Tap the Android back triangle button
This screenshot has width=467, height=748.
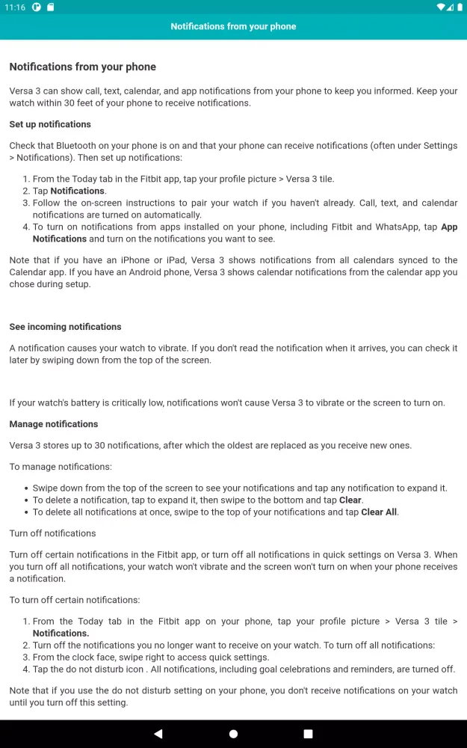tap(158, 734)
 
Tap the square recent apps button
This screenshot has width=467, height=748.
tap(308, 734)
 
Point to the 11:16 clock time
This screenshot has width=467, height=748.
tap(13, 7)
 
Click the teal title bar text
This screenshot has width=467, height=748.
tap(233, 26)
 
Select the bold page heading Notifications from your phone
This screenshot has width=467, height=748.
tap(82, 67)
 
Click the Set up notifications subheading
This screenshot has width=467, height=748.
tap(50, 124)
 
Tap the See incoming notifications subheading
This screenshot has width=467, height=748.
tap(65, 327)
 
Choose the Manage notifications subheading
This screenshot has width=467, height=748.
tap(54, 424)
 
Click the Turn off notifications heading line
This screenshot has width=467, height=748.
tap(52, 533)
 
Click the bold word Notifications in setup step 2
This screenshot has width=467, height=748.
tap(78, 191)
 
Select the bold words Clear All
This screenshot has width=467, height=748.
tap(379, 512)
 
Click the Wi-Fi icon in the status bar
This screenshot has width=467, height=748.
tap(441, 7)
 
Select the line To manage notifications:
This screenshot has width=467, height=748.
tap(61, 467)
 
